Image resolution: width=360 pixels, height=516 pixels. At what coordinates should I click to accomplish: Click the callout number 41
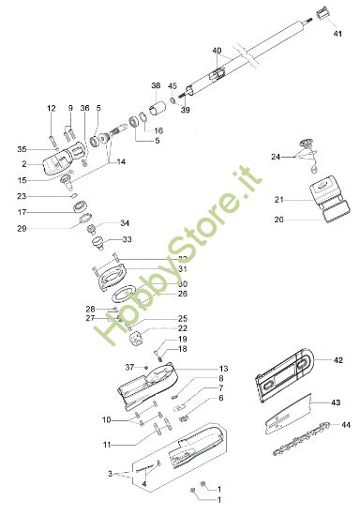(338, 33)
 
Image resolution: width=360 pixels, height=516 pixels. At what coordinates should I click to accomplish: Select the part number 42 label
(338, 359)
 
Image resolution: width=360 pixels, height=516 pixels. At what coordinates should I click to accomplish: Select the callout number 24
(277, 156)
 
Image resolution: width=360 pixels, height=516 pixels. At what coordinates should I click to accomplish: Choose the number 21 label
(278, 199)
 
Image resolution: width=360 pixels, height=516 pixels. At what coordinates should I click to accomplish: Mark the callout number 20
(278, 220)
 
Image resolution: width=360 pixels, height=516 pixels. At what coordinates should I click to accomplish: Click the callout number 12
(52, 109)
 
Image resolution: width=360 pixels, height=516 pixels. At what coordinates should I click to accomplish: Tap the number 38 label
(156, 83)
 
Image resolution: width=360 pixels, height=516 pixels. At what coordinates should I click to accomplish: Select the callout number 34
(125, 223)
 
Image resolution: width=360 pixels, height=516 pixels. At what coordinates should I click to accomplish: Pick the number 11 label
(107, 443)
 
